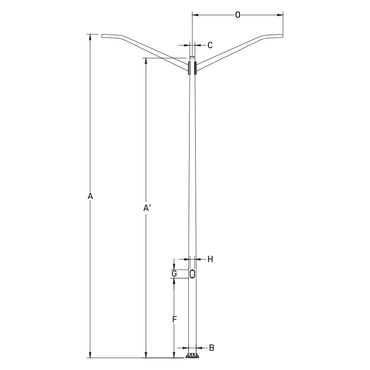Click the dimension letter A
(91, 197)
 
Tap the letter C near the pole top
(210, 45)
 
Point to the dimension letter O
(238, 15)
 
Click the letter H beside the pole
(210, 259)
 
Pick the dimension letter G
(174, 274)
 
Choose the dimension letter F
(174, 319)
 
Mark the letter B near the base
(211, 347)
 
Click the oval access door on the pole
(192, 274)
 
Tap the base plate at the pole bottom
(192, 356)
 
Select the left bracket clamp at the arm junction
(189, 68)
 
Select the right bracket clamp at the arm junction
(196, 68)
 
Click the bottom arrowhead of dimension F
(174, 346)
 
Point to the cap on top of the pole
(192, 58)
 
